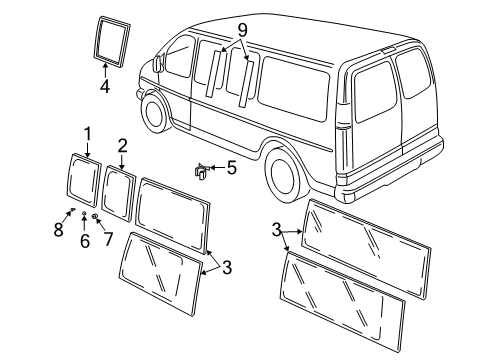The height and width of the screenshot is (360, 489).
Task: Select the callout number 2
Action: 122,145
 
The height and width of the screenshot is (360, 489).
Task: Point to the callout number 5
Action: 231,168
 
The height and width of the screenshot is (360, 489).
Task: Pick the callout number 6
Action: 84,241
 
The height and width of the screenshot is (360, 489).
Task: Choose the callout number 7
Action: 108,241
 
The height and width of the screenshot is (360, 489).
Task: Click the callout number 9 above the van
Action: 240,31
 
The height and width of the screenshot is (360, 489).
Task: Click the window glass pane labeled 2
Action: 119,187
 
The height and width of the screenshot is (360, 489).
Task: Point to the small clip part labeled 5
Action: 200,172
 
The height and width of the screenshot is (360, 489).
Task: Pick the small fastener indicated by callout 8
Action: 72,211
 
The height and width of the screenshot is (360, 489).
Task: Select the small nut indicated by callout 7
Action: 95,216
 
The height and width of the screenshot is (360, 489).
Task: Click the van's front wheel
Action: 155,113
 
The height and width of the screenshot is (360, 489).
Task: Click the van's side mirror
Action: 158,64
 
